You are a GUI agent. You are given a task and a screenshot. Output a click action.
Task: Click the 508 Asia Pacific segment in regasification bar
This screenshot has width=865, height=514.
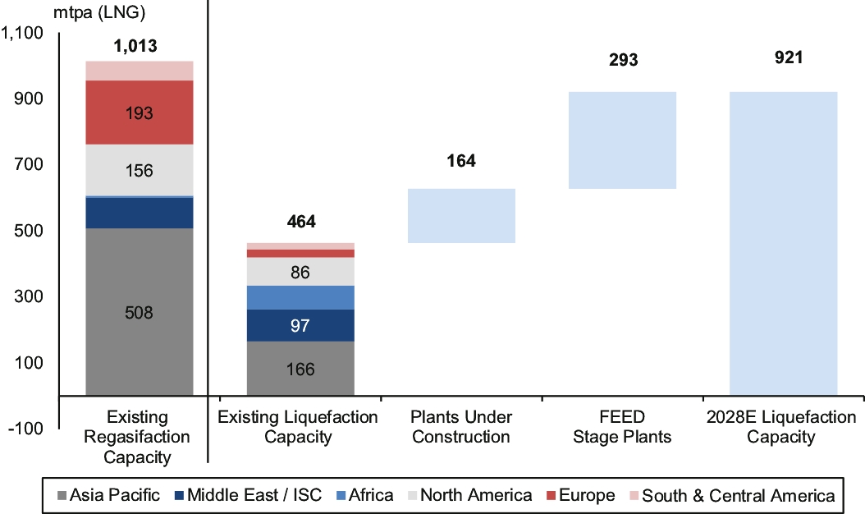click(140, 312)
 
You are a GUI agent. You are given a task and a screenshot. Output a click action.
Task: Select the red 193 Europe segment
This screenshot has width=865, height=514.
click(140, 112)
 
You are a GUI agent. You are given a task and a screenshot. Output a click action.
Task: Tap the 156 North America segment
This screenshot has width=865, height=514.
click(140, 171)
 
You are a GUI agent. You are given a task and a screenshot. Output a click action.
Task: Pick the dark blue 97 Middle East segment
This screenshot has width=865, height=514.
click(300, 325)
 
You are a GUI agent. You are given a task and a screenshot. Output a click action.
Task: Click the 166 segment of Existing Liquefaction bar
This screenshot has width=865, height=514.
click(300, 369)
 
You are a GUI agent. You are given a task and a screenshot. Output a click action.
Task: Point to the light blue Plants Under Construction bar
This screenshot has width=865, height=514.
click(461, 216)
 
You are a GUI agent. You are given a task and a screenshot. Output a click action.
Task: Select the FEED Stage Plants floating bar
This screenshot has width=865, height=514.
click(622, 140)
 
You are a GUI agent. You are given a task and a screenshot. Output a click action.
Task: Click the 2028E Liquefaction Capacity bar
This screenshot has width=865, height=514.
click(783, 243)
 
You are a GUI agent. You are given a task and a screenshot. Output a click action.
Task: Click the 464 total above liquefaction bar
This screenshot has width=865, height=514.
click(300, 222)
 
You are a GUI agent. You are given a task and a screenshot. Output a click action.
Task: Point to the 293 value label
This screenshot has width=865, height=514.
click(623, 60)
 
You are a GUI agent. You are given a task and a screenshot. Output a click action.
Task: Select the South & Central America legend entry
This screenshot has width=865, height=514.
click(730, 495)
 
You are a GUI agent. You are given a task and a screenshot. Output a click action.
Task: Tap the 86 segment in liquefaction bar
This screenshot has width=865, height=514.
click(300, 272)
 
